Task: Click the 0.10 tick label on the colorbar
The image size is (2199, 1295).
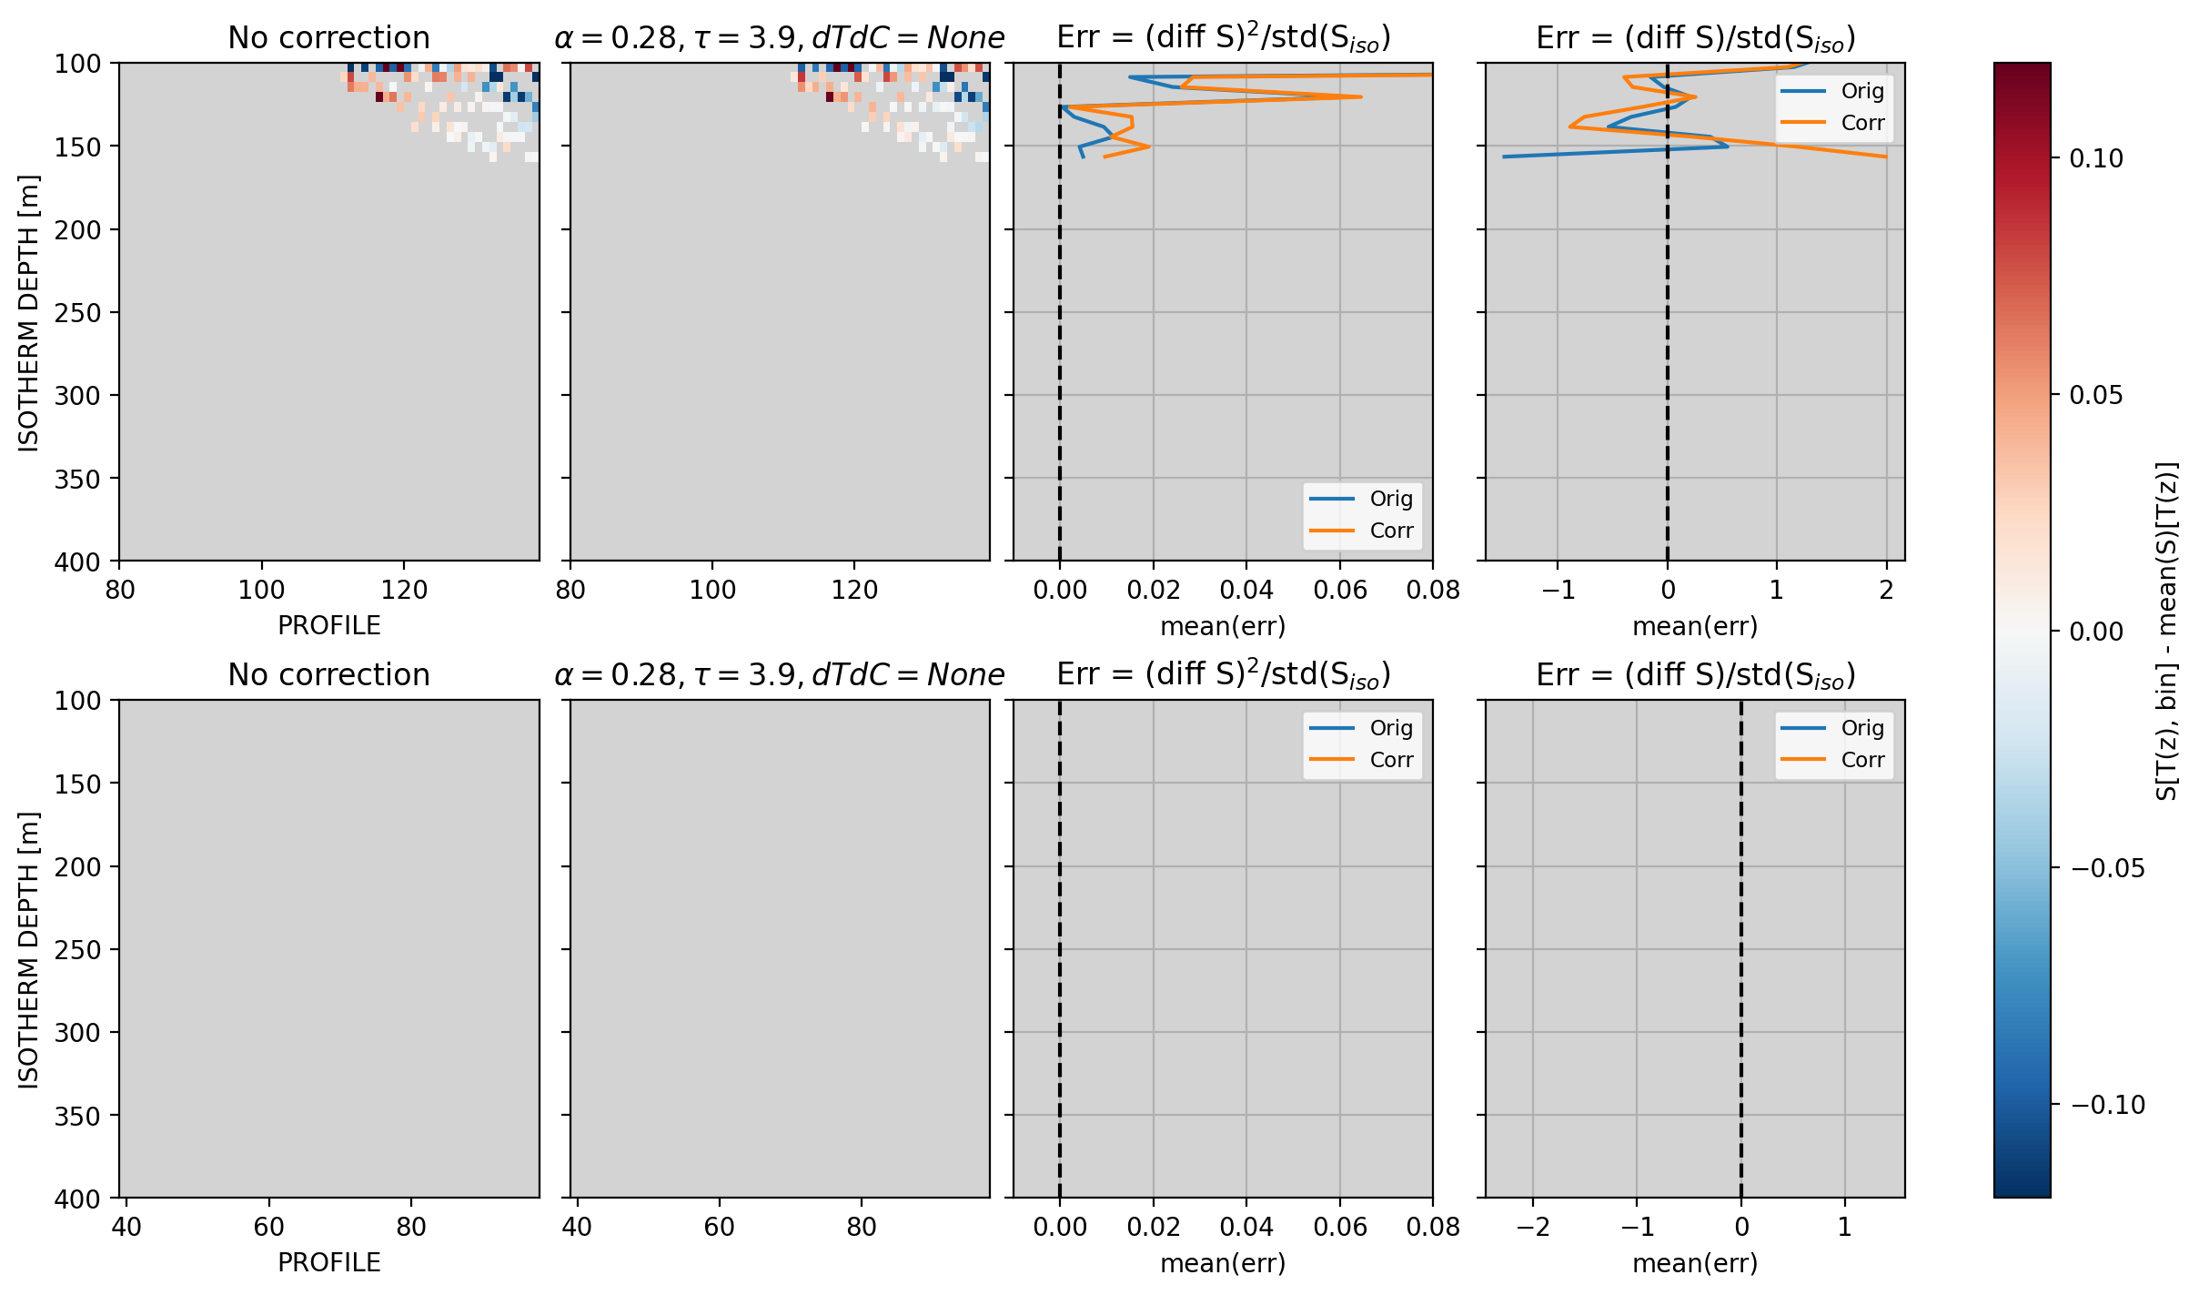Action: [x=2096, y=158]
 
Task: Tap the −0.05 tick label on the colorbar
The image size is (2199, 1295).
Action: [x=2108, y=868]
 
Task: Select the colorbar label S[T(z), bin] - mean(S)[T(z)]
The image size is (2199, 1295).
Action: [x=2167, y=631]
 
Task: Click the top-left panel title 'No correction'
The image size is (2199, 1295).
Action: [x=328, y=37]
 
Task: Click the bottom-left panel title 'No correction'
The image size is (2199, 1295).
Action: [x=328, y=674]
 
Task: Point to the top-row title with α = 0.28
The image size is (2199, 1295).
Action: [x=779, y=37]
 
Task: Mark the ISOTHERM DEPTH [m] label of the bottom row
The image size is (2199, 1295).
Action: [x=28, y=949]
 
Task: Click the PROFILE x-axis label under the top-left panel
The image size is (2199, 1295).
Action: [x=328, y=625]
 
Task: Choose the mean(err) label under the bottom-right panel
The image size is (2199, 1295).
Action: [x=1695, y=1263]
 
